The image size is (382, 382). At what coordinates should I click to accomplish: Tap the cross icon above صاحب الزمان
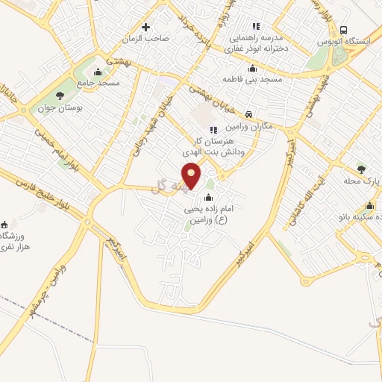click(x=146, y=26)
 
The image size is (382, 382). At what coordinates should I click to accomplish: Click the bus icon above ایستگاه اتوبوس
click(x=343, y=30)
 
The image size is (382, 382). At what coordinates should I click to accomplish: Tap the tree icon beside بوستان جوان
click(x=60, y=95)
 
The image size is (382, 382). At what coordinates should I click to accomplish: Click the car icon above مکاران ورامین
click(x=248, y=115)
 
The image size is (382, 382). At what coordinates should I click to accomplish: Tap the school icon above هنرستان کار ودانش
click(x=213, y=130)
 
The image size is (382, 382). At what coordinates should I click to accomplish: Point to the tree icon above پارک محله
click(x=362, y=169)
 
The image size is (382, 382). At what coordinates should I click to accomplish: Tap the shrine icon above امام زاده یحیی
click(x=207, y=198)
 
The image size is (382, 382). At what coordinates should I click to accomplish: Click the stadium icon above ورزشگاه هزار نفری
click(x=6, y=224)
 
